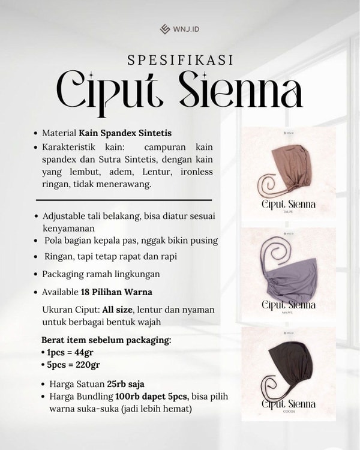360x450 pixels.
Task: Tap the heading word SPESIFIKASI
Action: tap(180, 60)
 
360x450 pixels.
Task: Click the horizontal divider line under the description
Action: tap(124, 199)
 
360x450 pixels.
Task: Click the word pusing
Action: tap(202, 241)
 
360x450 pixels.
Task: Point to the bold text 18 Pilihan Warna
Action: tap(116, 292)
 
